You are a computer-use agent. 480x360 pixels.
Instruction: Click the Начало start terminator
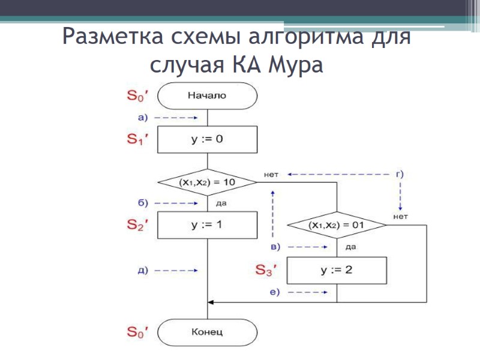point(207,95)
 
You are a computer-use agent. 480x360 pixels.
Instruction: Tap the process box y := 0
point(207,139)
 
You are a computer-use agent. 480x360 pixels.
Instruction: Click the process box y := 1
point(207,225)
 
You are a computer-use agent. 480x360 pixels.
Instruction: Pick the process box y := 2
point(337,270)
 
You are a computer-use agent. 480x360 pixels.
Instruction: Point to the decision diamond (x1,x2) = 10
point(207,181)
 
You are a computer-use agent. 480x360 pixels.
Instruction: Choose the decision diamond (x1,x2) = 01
point(337,226)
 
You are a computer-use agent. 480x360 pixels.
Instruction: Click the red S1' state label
point(137,140)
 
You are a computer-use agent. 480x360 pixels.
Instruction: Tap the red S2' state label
point(137,226)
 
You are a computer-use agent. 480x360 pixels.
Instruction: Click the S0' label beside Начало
point(137,95)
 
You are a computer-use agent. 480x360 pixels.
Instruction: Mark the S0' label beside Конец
point(137,331)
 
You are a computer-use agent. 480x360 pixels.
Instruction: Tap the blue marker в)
point(275,247)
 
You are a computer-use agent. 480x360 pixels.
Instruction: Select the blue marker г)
point(400,174)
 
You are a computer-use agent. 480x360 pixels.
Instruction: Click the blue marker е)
point(275,292)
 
